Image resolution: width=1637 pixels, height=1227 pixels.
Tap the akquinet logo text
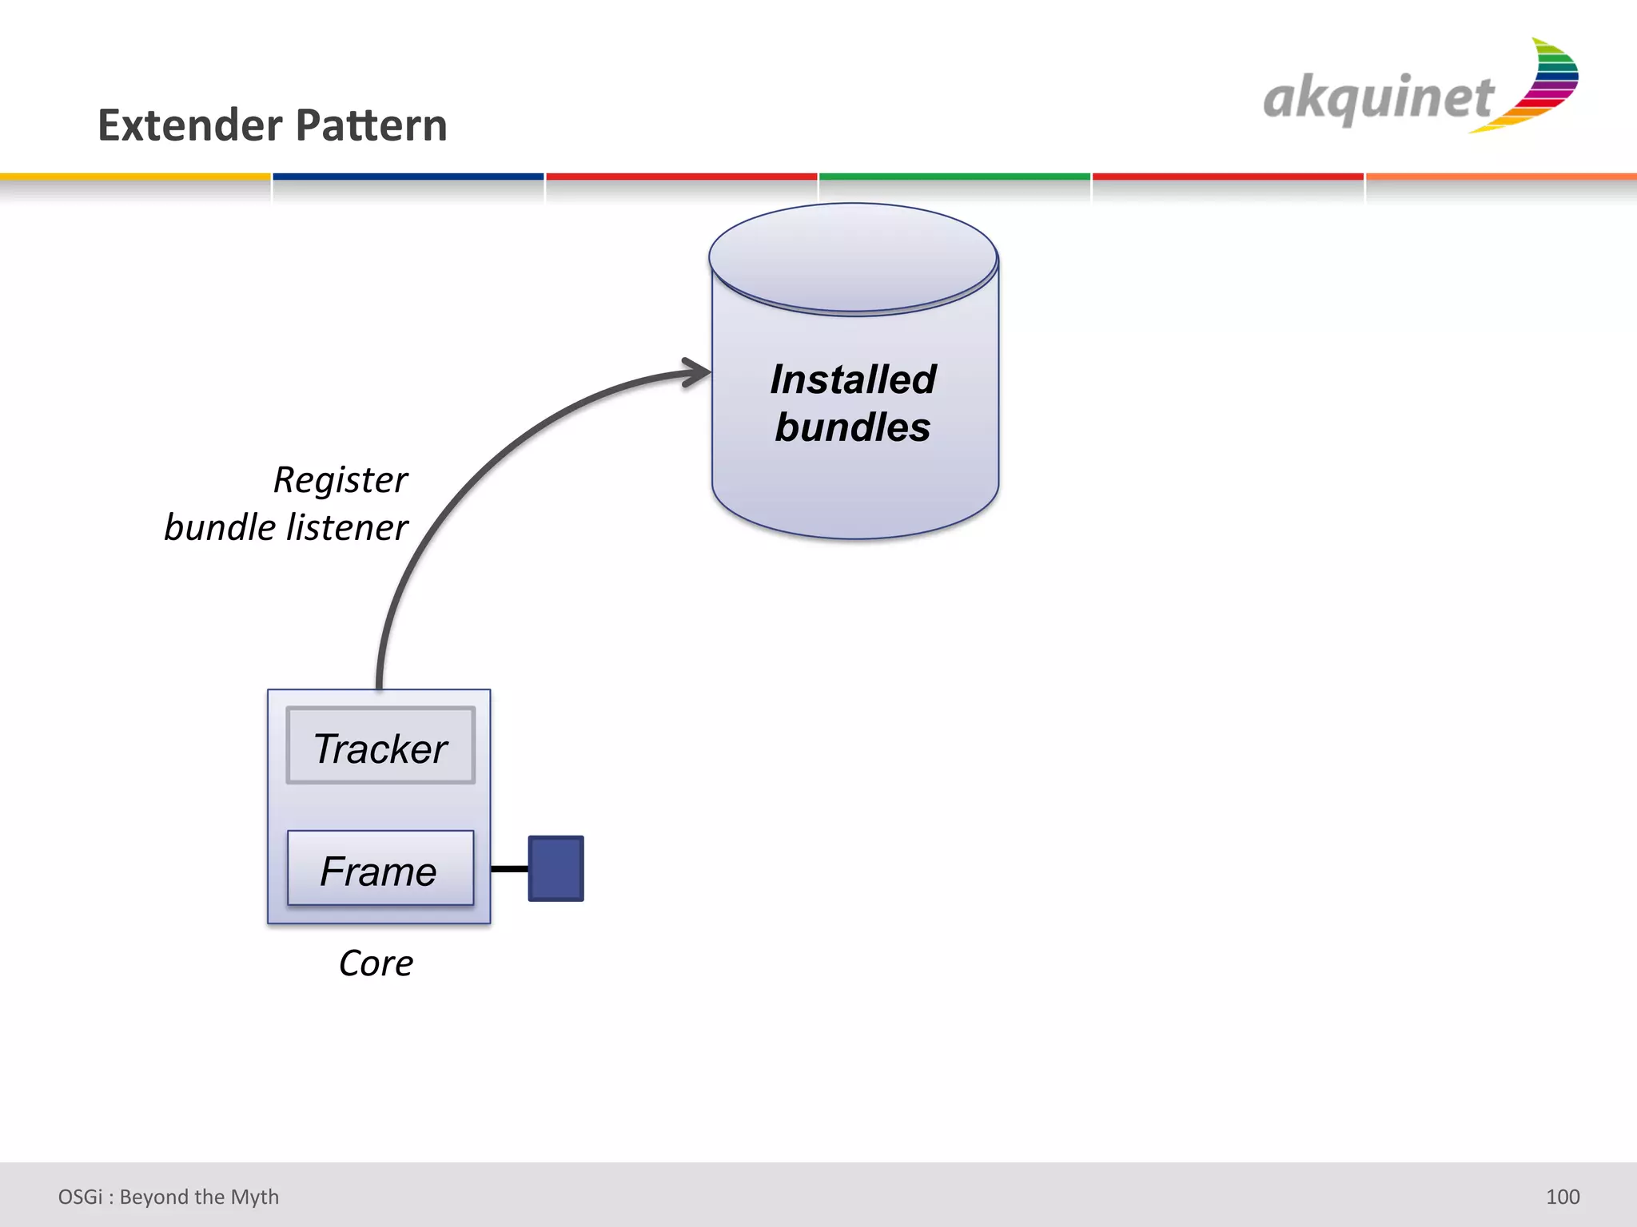[x=1377, y=99]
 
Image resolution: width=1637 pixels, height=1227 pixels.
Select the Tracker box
[x=380, y=745]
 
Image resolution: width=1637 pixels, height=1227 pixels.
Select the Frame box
[x=380, y=868]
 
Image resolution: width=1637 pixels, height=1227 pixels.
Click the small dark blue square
[x=556, y=868]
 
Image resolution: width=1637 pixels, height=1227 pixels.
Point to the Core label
[x=376, y=963]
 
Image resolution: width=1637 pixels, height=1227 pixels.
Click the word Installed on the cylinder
[x=853, y=379]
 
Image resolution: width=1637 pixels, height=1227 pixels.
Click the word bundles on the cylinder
[x=853, y=427]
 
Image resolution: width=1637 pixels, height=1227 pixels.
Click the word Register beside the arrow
[x=341, y=480]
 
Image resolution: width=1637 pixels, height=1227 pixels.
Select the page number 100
[x=1562, y=1197]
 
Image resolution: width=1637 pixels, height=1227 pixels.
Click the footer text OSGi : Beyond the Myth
[x=169, y=1197]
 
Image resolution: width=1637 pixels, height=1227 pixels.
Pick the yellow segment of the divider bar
[x=135, y=177]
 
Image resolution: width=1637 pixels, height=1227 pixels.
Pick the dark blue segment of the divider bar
[x=408, y=177]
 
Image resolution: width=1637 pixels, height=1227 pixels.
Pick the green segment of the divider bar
[x=954, y=177]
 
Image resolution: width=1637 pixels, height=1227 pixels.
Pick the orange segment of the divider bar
[x=1501, y=177]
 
